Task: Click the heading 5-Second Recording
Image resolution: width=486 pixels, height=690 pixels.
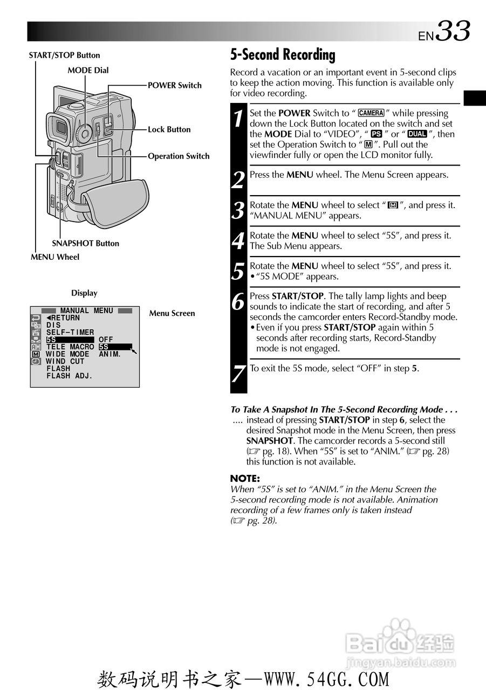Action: tap(283, 55)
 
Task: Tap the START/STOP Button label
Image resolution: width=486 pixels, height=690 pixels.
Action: tap(64, 55)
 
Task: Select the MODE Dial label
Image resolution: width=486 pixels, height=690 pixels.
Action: tap(88, 70)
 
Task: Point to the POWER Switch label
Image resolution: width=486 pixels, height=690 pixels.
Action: tap(174, 85)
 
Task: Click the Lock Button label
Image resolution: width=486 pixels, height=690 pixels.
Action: tap(169, 129)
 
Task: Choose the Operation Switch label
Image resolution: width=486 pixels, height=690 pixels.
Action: tap(179, 156)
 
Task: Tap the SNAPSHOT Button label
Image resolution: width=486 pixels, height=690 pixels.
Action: tap(85, 243)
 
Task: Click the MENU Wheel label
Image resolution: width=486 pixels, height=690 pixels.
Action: tap(54, 257)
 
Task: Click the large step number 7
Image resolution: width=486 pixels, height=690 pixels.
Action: tap(238, 373)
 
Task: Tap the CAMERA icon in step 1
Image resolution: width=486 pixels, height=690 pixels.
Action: tap(371, 113)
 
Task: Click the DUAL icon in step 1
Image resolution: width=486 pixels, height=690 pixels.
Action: tap(417, 134)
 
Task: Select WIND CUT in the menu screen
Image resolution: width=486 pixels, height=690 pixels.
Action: tap(65, 362)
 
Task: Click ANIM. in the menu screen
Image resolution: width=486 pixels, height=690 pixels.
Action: tap(110, 354)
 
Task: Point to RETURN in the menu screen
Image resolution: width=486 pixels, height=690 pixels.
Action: tap(63, 318)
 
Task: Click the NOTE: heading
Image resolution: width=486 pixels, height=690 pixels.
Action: tap(245, 478)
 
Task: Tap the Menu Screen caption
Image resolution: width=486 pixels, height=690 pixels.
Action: tap(172, 313)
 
